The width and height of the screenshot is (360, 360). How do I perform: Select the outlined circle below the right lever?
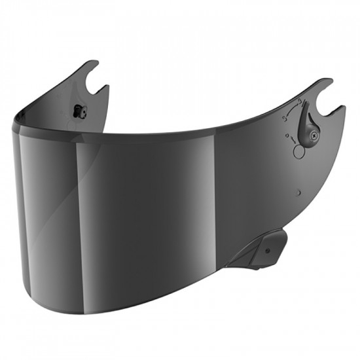coord(299,152)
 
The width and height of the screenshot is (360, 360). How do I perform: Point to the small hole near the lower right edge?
coord(298,192)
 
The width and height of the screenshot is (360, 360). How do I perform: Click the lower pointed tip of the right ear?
coord(342,107)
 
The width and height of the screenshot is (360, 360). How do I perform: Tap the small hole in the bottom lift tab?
coord(266,249)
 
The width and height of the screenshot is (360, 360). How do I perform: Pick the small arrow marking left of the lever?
coord(288,138)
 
